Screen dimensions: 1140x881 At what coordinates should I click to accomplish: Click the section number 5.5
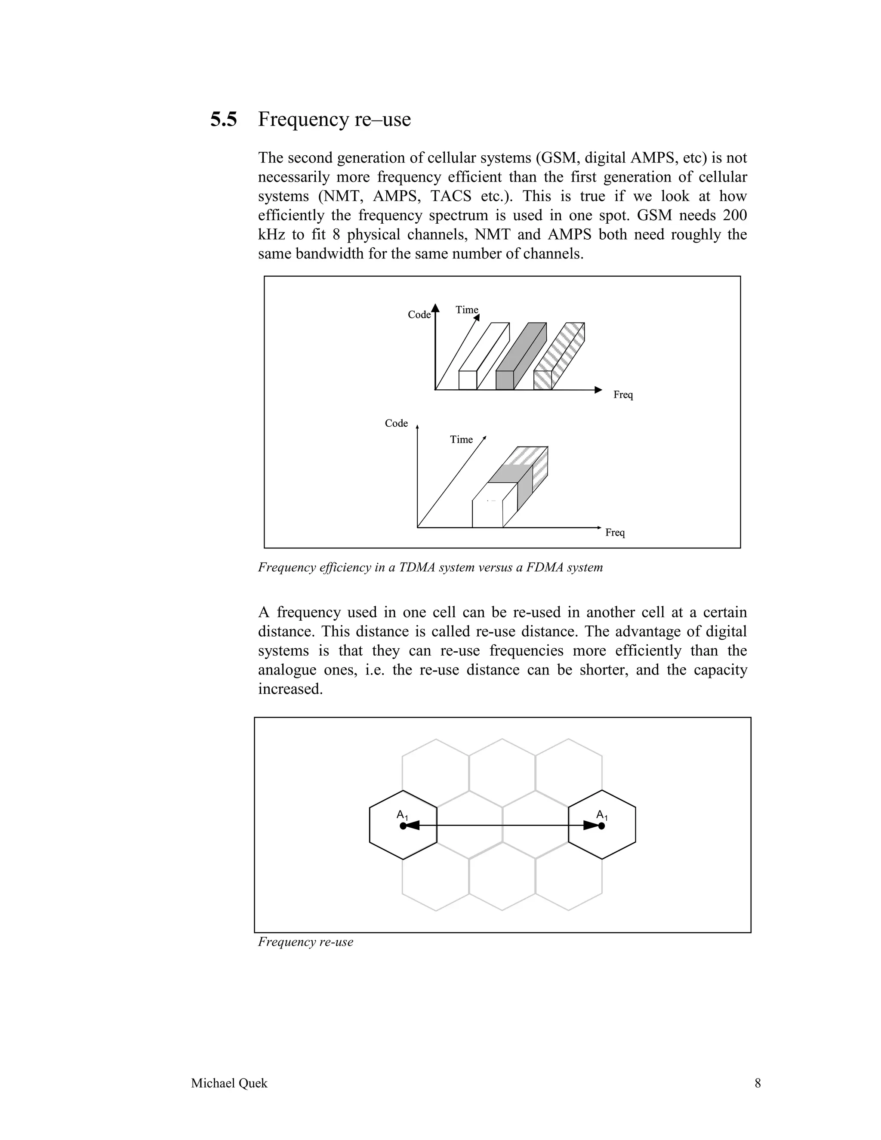coord(223,120)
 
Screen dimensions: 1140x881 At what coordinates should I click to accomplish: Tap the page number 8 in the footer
coord(757,1083)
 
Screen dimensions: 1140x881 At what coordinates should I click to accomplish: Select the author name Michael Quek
coord(229,1083)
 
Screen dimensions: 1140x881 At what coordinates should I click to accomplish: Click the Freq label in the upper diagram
coord(622,394)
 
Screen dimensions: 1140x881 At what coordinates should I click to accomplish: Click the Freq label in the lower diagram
coord(615,533)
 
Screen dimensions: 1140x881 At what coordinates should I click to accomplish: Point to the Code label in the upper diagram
coord(419,315)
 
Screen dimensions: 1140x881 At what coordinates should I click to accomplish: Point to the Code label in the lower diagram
coord(396,423)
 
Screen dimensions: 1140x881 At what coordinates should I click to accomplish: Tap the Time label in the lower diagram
coord(461,440)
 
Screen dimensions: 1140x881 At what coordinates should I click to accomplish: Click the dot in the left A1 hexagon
coord(402,826)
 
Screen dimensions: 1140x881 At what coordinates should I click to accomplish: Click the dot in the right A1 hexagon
coord(601,826)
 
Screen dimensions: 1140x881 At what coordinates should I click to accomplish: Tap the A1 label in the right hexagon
coord(601,815)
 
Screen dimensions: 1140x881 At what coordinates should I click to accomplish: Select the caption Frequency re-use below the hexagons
coord(305,942)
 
